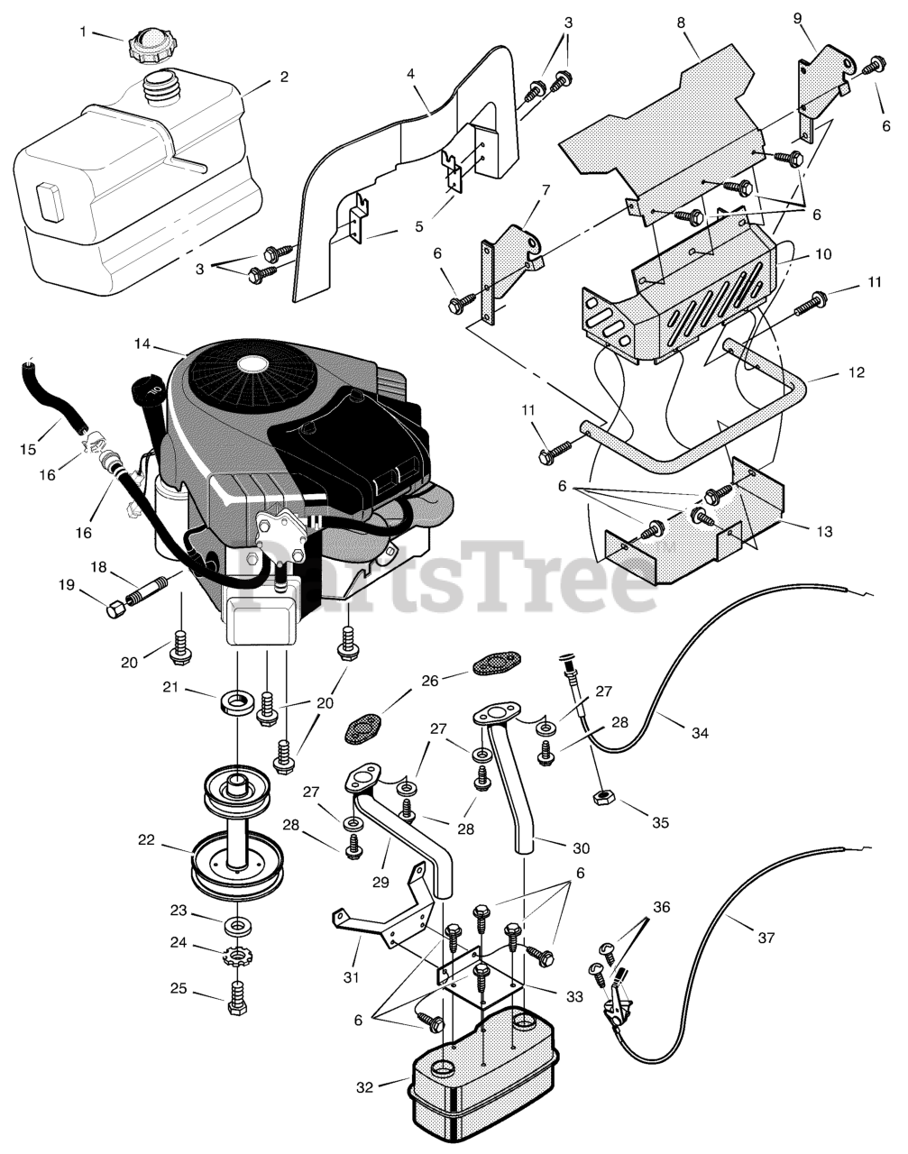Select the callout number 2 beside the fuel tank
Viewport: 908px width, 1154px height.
pyautogui.click(x=284, y=77)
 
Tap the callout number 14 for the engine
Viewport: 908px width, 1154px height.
pyautogui.click(x=142, y=343)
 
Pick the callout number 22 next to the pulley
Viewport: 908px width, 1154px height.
pyautogui.click(x=146, y=839)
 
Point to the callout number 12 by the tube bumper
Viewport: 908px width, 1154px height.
pyautogui.click(x=856, y=371)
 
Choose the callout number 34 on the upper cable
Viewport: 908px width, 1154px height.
pyautogui.click(x=700, y=733)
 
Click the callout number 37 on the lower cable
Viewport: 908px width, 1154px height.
pyautogui.click(x=766, y=938)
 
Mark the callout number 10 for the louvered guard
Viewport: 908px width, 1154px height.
pyautogui.click(x=823, y=255)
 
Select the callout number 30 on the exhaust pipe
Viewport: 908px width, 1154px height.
pyautogui.click(x=582, y=847)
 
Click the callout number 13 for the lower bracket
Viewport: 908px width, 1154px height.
pyautogui.click(x=823, y=531)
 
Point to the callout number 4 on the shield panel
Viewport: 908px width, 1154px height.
pyautogui.click(x=411, y=74)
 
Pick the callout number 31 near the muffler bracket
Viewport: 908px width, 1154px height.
pyautogui.click(x=352, y=976)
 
